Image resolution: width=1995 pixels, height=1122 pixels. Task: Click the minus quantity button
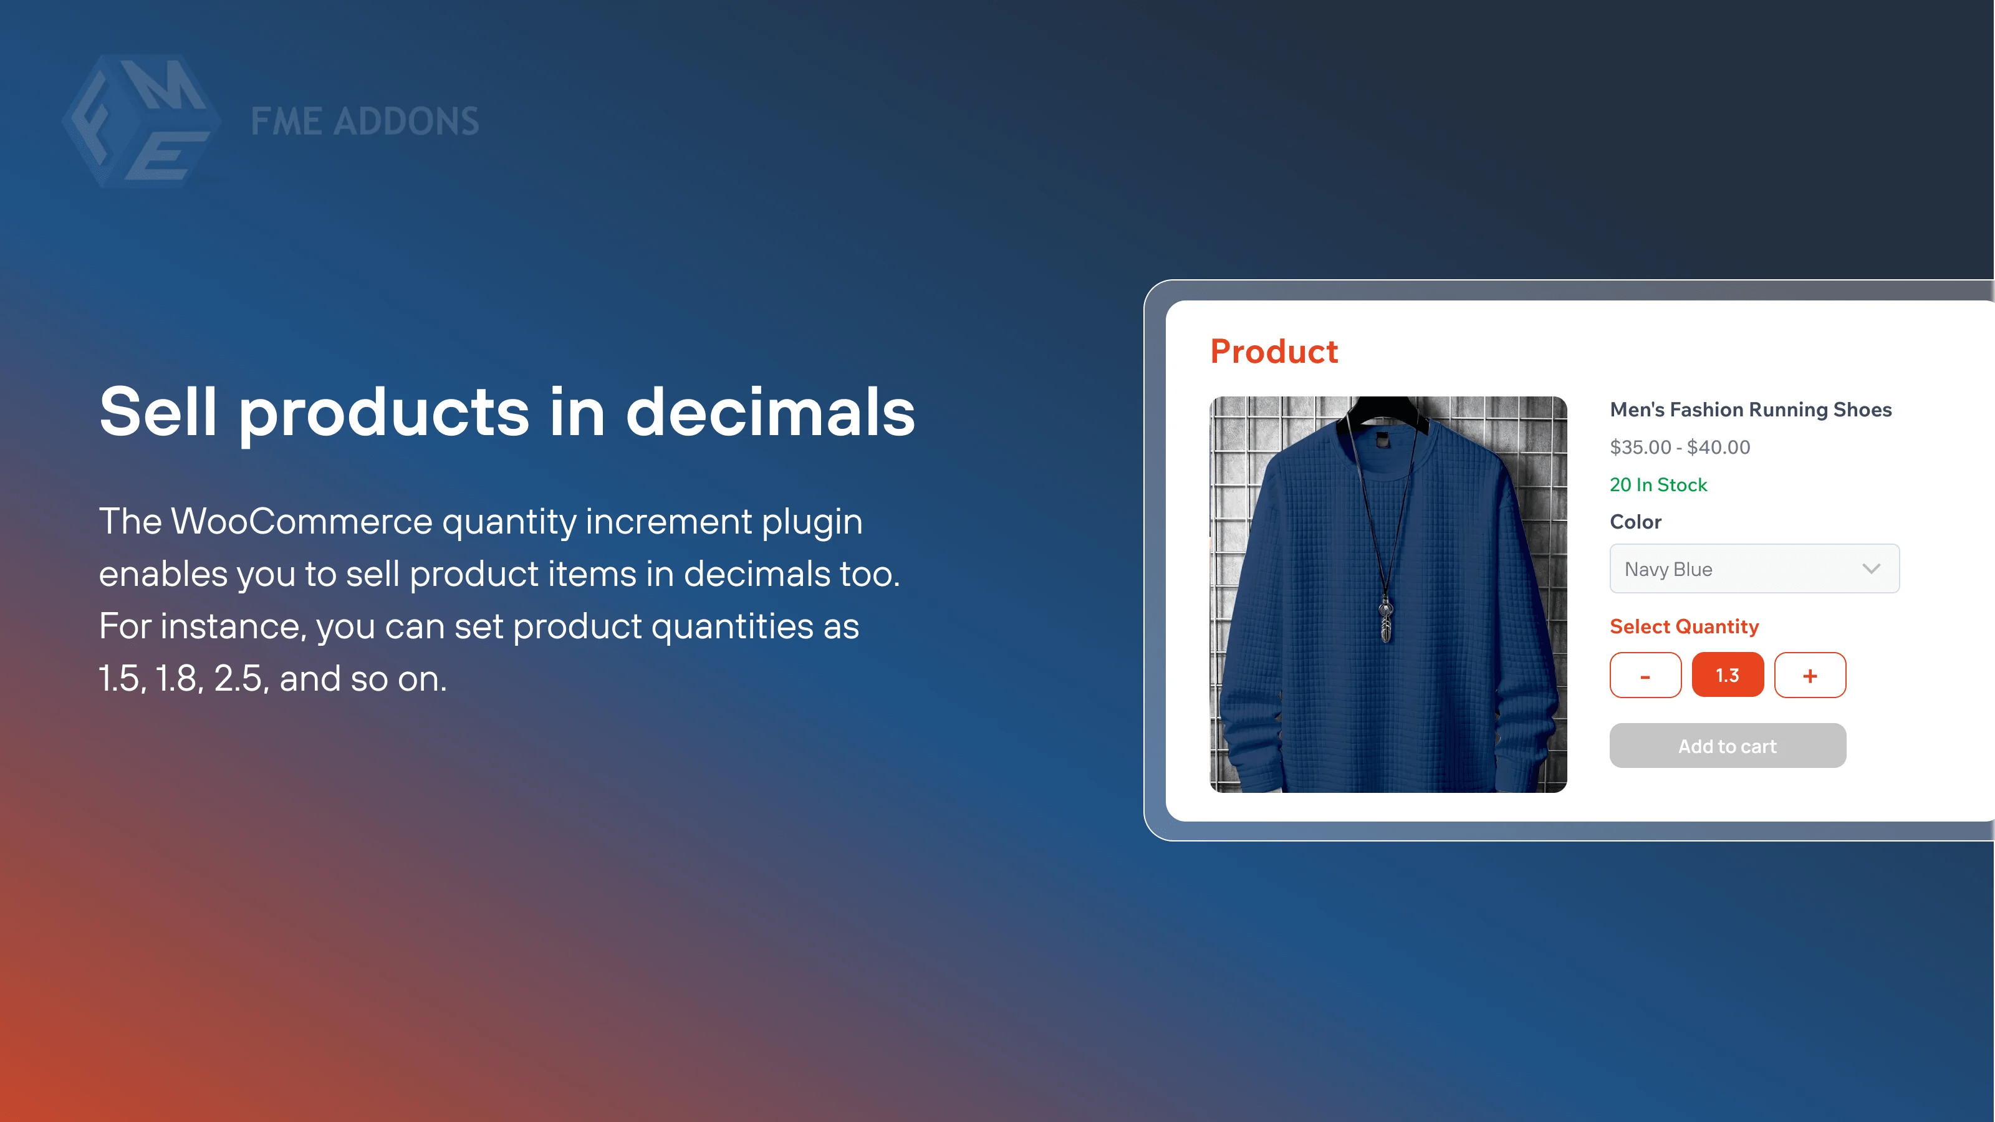[x=1645, y=675]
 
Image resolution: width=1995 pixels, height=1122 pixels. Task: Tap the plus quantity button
[x=1810, y=675]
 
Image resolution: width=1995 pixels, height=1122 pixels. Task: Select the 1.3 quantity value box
[x=1727, y=675]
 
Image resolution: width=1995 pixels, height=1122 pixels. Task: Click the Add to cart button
[x=1727, y=746]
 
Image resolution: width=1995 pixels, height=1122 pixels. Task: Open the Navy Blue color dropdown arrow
[x=1871, y=569]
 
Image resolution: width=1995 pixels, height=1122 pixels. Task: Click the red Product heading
[x=1274, y=352]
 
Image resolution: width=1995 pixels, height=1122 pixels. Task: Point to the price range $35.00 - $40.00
[x=1680, y=448]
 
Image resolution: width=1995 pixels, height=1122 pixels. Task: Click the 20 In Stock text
[x=1658, y=485]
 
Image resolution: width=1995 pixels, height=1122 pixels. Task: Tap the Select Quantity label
[x=1684, y=626]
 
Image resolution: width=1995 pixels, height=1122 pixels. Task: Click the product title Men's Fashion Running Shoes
[x=1750, y=410]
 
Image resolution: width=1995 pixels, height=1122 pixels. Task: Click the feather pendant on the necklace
[x=1385, y=623]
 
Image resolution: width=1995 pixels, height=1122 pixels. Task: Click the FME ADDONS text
[x=365, y=122]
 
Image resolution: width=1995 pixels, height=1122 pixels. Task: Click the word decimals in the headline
[x=770, y=413]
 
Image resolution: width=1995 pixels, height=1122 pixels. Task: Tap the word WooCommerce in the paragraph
[x=301, y=521]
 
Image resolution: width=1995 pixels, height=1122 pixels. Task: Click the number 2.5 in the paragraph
[x=238, y=679]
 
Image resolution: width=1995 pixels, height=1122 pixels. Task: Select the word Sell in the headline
[x=158, y=413]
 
